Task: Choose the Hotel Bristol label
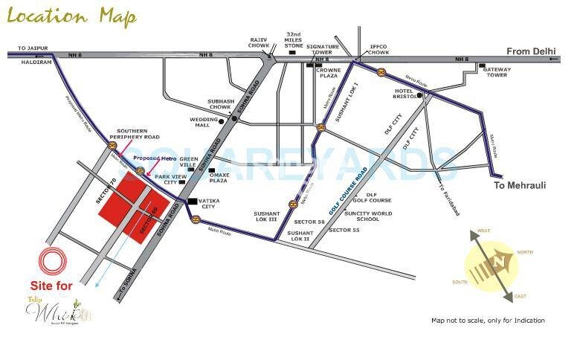(403, 94)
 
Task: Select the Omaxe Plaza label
(218, 178)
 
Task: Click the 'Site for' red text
(51, 286)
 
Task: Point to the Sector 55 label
(344, 231)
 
